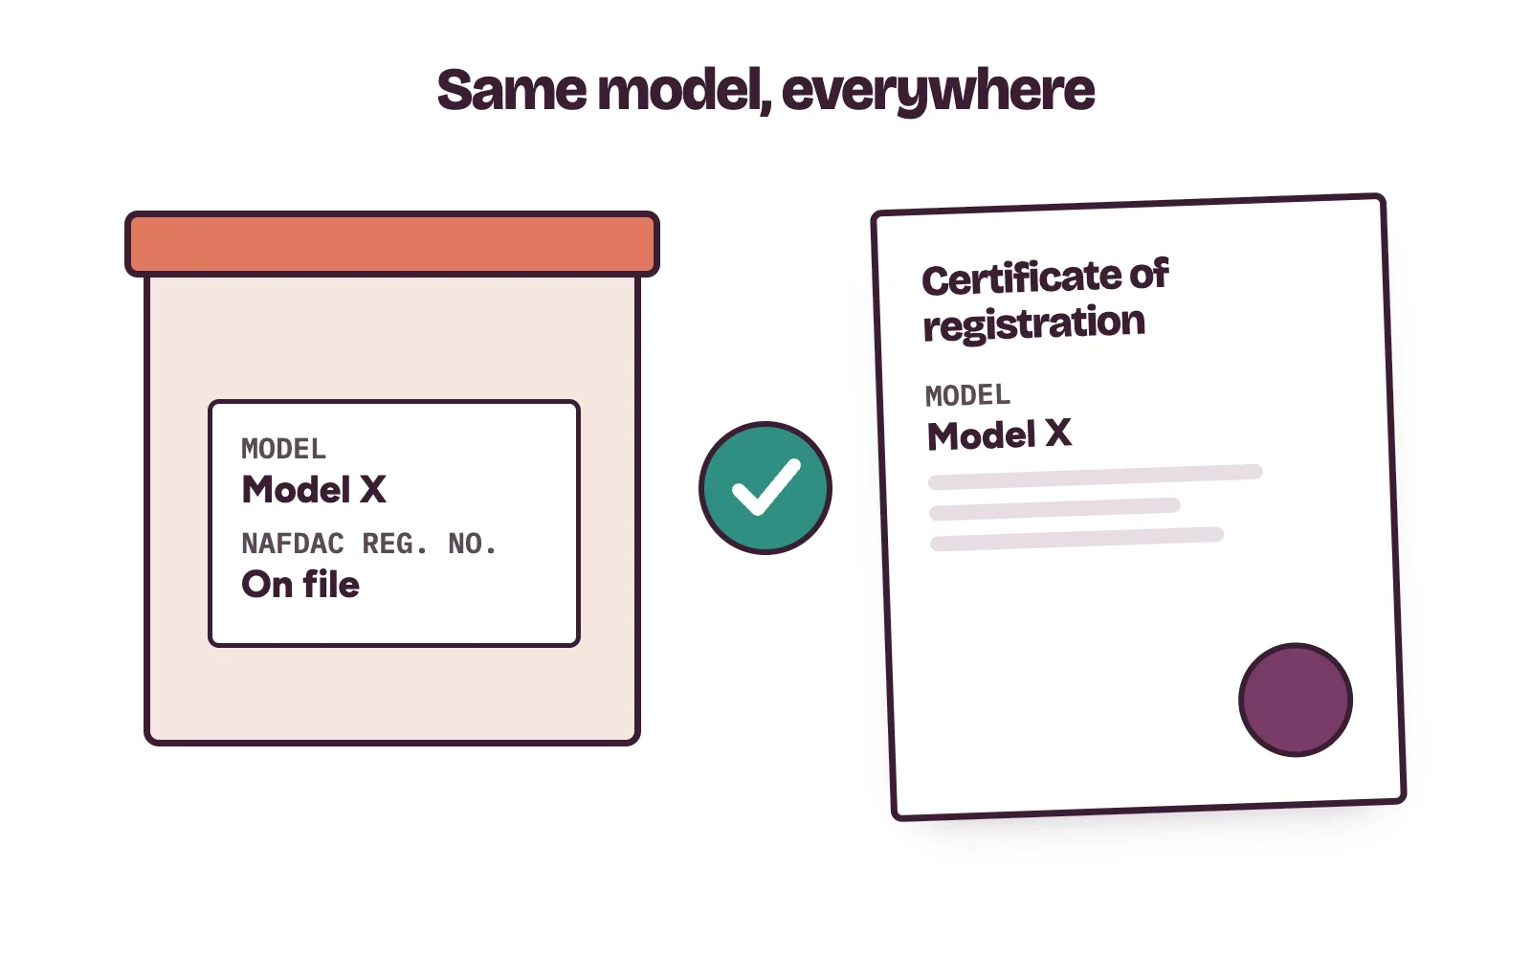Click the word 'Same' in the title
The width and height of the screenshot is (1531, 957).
tap(512, 90)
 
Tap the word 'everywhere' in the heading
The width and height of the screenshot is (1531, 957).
tap(938, 92)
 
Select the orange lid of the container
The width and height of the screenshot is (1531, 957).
tap(392, 244)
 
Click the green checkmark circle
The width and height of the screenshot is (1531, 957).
tap(765, 488)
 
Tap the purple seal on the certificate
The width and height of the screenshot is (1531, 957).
tap(1296, 700)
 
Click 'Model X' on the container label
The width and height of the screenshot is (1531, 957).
tap(315, 489)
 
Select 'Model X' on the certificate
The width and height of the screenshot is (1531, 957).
tap(999, 434)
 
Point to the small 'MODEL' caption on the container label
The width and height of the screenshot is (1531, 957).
tap(283, 449)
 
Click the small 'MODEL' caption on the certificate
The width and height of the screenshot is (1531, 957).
tap(967, 396)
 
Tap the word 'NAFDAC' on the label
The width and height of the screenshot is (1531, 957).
tap(293, 545)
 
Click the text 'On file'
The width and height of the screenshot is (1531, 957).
tap(300, 585)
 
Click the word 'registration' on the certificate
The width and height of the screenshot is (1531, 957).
tap(1034, 323)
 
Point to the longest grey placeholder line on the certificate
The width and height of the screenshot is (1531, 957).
tap(1095, 477)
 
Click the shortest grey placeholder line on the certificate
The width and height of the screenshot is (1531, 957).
tap(1054, 509)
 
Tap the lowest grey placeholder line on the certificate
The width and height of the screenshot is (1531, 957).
tap(1077, 539)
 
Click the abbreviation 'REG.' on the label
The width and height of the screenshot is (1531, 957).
tap(396, 545)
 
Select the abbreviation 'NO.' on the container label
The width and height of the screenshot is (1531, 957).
tap(473, 545)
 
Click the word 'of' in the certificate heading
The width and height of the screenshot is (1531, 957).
tap(1149, 274)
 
